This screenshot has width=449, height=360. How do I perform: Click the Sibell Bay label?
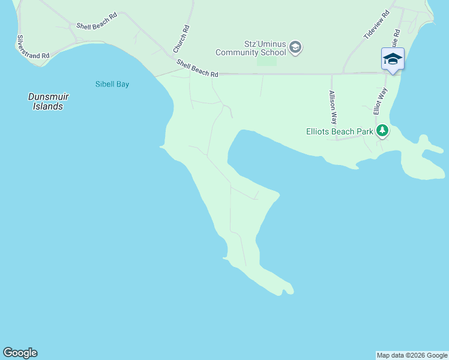click(x=112, y=84)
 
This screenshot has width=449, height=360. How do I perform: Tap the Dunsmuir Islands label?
click(x=46, y=101)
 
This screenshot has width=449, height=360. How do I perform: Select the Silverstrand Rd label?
click(x=32, y=47)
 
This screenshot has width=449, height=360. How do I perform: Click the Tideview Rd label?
click(x=376, y=25)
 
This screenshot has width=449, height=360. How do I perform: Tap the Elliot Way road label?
click(x=380, y=101)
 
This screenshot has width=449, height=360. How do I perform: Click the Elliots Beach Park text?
click(x=340, y=131)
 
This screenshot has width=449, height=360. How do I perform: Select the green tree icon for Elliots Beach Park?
click(x=382, y=131)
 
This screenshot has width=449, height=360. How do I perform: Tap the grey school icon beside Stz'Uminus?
click(x=295, y=47)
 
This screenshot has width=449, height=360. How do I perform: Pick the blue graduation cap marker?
click(x=393, y=59)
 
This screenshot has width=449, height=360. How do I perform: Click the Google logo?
click(x=20, y=353)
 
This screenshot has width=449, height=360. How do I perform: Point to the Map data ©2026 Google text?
click(x=412, y=355)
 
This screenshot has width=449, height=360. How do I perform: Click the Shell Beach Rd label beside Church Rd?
click(x=197, y=68)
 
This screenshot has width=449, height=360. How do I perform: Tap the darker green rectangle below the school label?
click(x=267, y=61)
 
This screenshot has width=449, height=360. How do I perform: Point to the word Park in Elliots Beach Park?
click(x=364, y=131)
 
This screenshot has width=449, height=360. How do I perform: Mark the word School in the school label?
click(x=268, y=52)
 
